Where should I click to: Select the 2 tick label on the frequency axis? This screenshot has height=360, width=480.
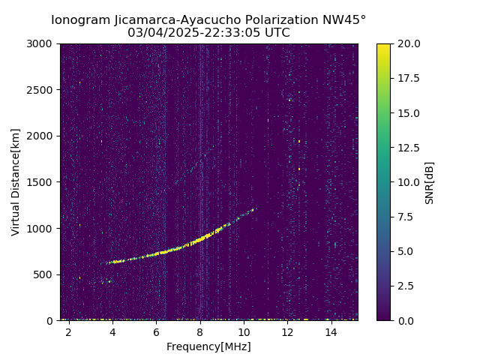click(x=69, y=332)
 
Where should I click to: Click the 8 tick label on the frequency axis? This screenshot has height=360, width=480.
click(x=200, y=332)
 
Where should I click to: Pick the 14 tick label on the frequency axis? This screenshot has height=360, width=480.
click(x=331, y=332)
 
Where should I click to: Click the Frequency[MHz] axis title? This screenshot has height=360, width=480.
click(x=208, y=346)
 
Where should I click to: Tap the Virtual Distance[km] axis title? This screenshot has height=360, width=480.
click(x=15, y=182)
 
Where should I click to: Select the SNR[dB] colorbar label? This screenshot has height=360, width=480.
click(x=430, y=182)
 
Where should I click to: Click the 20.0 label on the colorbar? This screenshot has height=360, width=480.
click(x=407, y=43)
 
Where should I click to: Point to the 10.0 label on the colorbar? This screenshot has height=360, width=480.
click(x=407, y=182)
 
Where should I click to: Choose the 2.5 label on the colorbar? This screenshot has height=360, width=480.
click(x=405, y=286)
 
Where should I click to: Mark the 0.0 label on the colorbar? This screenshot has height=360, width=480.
click(x=405, y=320)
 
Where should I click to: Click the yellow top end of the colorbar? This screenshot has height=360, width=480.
click(x=383, y=46)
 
